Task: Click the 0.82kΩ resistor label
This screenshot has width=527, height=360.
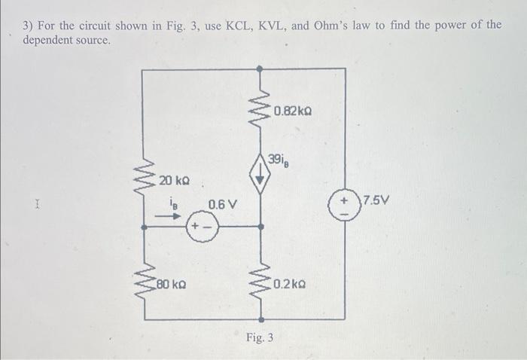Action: (293, 112)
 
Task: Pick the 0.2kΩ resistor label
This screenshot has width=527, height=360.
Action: (291, 285)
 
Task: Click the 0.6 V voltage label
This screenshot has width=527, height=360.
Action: (222, 204)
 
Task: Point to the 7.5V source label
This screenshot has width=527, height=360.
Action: (374, 200)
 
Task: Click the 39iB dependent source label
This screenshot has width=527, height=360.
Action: (280, 160)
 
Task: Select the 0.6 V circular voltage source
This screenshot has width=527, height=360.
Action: (200, 225)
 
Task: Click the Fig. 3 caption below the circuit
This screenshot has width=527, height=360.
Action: (259, 337)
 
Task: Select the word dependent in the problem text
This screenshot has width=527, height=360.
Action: (46, 39)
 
